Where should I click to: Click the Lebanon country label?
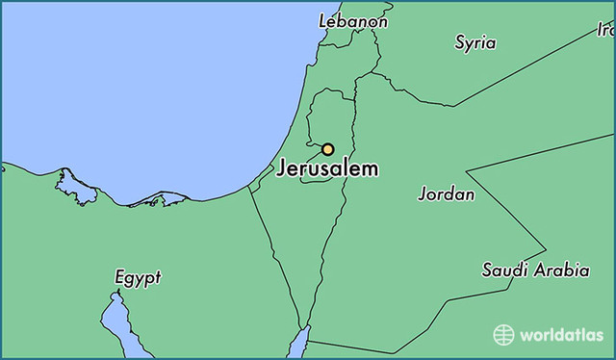coord(353,21)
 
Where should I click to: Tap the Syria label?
coord(475,42)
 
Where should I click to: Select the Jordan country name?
coord(446,194)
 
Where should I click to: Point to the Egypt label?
coord(138,278)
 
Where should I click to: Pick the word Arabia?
coord(562,270)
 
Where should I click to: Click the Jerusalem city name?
coord(327,169)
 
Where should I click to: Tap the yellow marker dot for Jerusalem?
coord(327,149)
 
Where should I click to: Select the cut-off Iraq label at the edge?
coord(605,30)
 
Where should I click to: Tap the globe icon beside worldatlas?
coord(503,335)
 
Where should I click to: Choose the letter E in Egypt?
coord(120,278)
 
